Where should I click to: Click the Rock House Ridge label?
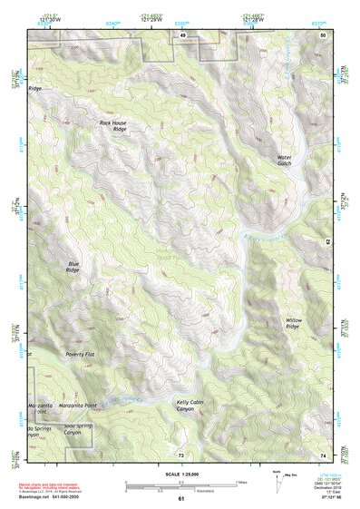112,125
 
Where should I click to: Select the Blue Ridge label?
73,267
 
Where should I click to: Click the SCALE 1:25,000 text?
180,473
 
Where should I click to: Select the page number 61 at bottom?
181,499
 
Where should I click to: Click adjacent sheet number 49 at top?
182,34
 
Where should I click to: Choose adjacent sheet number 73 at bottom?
181,454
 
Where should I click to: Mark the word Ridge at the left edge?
35,89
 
